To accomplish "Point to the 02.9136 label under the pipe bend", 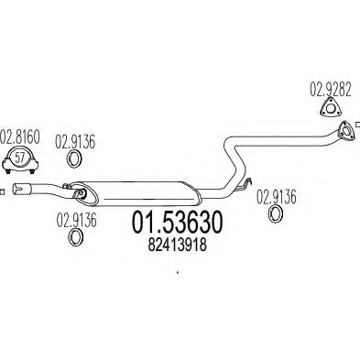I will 274,194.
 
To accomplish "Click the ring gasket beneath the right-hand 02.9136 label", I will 274,214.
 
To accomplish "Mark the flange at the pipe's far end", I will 344,138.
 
